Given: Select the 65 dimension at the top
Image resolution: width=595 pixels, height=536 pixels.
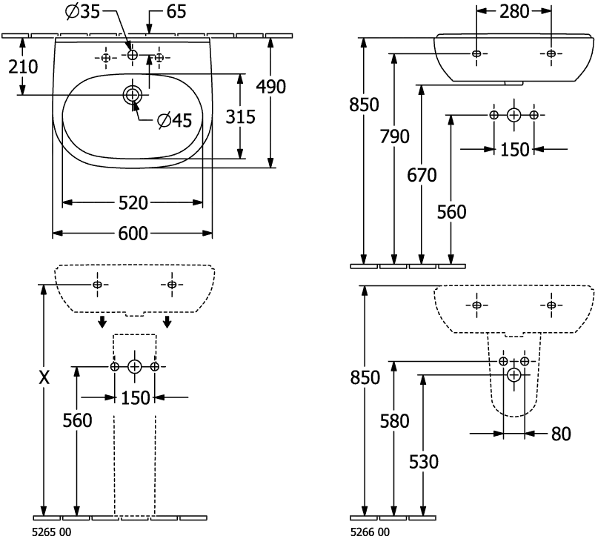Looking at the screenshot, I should point(176,10).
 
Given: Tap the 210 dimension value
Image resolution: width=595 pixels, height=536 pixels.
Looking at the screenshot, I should point(23,67).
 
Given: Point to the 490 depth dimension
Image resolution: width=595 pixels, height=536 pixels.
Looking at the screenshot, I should point(270,86).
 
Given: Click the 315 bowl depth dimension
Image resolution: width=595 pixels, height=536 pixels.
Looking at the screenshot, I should point(239,116).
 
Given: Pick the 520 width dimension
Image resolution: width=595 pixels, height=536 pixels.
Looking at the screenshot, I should point(133,202).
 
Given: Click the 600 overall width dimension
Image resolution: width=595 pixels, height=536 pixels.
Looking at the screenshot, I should point(133,234).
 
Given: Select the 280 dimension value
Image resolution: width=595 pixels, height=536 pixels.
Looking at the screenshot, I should point(513,11).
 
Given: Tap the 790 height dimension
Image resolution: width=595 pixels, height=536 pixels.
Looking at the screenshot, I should point(393,136).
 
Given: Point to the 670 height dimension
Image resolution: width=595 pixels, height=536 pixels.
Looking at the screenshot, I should point(422,175).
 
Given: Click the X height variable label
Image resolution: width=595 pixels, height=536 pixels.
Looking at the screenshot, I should point(45,377).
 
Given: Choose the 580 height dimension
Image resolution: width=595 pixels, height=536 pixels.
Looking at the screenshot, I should point(393,421).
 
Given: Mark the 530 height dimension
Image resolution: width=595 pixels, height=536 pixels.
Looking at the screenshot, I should point(424,461).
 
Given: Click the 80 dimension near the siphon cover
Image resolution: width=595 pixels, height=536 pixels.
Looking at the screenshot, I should point(562,434).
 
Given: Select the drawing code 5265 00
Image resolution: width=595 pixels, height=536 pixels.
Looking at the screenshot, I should point(50,531).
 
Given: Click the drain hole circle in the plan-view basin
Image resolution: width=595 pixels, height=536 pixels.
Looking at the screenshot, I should point(133,93).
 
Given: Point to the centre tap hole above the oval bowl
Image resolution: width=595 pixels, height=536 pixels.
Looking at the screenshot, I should point(133,56).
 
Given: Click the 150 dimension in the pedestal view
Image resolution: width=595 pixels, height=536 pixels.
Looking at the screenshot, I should point(134,398).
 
